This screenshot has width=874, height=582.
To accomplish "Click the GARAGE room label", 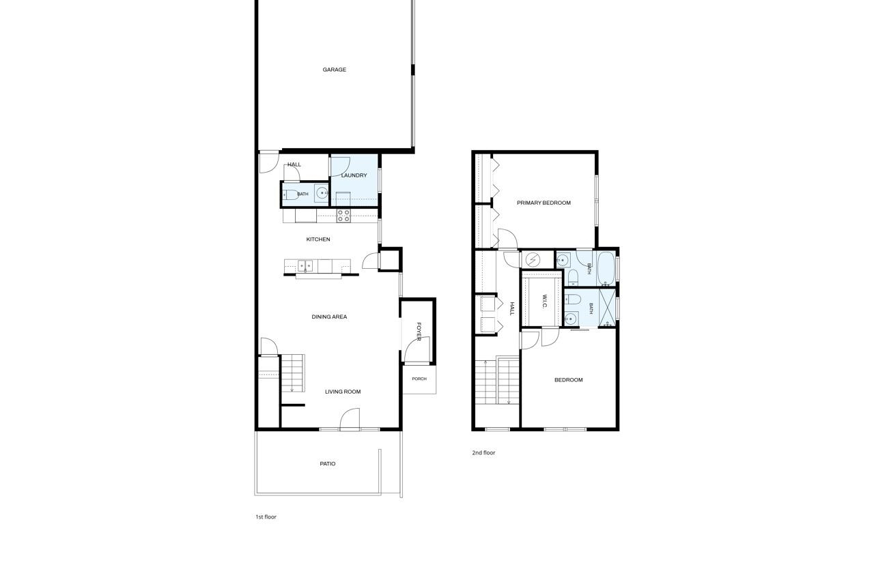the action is [334, 70].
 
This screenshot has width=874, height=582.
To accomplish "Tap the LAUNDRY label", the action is [354, 175].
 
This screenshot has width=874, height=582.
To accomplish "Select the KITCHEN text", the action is [318, 239].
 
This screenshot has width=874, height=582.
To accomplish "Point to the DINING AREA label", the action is [329, 317].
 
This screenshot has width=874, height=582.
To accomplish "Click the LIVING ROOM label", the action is [343, 392].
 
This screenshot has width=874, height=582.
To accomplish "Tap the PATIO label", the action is [327, 464].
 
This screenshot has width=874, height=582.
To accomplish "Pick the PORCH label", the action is [419, 379].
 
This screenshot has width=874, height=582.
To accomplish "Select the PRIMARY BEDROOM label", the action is [544, 203].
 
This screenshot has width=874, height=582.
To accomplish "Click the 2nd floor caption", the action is [483, 452].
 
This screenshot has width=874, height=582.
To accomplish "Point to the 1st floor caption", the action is [266, 517].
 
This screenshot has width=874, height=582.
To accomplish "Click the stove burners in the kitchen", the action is [343, 216].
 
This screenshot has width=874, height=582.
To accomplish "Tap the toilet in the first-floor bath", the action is [290, 194].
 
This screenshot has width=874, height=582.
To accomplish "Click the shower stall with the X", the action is [607, 308].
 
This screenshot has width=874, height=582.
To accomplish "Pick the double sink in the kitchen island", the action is [305, 266].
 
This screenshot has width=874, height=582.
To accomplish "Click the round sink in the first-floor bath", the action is [322, 192].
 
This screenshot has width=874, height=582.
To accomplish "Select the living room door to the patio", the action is [350, 419].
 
